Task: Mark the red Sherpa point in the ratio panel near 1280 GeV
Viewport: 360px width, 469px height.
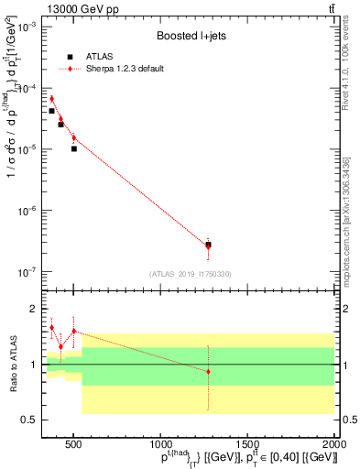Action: (x=209, y=371)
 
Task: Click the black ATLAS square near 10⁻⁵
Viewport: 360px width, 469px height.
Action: (x=74, y=148)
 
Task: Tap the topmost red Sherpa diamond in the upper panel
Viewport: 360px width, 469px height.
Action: (x=51, y=98)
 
